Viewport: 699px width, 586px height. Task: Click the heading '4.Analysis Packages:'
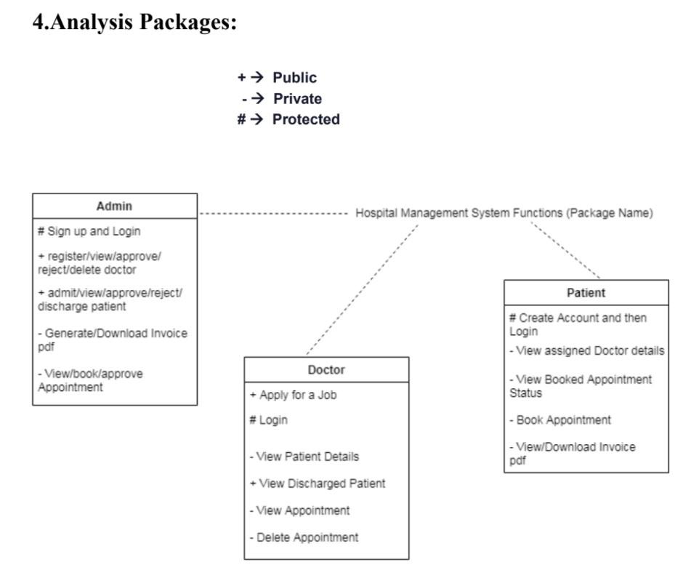[136, 23]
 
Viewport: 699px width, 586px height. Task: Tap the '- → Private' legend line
[281, 99]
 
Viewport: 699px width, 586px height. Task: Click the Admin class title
[114, 206]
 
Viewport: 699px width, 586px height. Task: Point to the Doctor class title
[326, 370]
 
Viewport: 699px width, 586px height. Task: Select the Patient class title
[586, 293]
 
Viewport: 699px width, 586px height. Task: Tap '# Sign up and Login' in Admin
[89, 232]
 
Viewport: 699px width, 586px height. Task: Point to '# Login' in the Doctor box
[268, 420]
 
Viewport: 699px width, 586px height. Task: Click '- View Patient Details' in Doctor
[304, 457]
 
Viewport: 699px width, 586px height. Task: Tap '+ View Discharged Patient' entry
[317, 483]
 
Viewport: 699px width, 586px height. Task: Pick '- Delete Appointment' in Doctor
[304, 538]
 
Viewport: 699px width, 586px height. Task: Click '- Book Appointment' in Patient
[559, 420]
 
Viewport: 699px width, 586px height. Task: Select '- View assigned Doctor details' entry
[586, 351]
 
